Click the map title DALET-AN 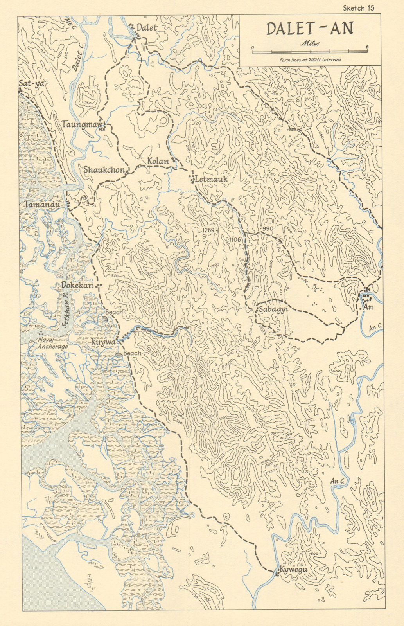click(x=310, y=29)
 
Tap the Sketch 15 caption click(x=359, y=8)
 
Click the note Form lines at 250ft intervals click(x=310, y=60)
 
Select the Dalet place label click(x=147, y=27)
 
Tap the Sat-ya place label click(x=31, y=83)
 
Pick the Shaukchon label click(x=104, y=170)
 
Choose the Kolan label click(x=158, y=161)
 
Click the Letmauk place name click(x=211, y=179)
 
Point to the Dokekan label click(x=77, y=286)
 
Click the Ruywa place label click(x=103, y=342)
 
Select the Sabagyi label click(x=271, y=309)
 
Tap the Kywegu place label click(x=293, y=570)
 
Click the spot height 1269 click(x=208, y=230)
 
